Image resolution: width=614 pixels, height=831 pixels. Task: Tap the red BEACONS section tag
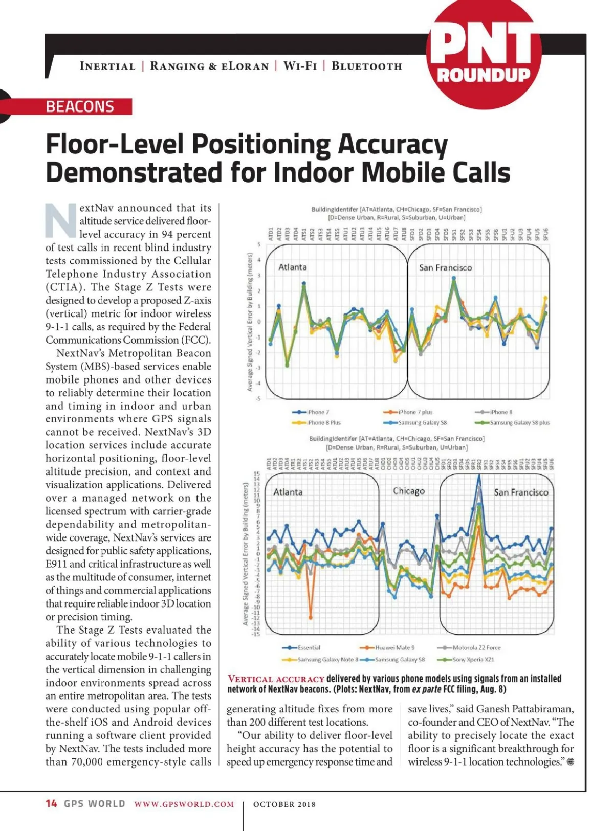click(x=80, y=107)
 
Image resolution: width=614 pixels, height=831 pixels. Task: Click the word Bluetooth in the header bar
click(x=366, y=66)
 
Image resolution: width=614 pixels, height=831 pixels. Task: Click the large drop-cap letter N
click(x=61, y=220)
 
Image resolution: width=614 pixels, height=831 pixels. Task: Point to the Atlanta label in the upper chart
click(x=293, y=267)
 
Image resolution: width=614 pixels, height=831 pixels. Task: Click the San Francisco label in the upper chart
click(x=445, y=267)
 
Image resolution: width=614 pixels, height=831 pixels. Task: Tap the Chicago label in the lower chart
click(x=409, y=491)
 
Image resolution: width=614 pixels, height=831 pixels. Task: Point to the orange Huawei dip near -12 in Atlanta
click(x=311, y=617)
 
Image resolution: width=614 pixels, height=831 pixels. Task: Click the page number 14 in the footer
click(x=51, y=803)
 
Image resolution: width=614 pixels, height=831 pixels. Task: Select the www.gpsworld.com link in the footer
click(x=184, y=804)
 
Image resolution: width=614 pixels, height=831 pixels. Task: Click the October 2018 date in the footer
click(x=284, y=804)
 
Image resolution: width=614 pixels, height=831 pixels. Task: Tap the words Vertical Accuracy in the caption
click(x=276, y=679)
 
